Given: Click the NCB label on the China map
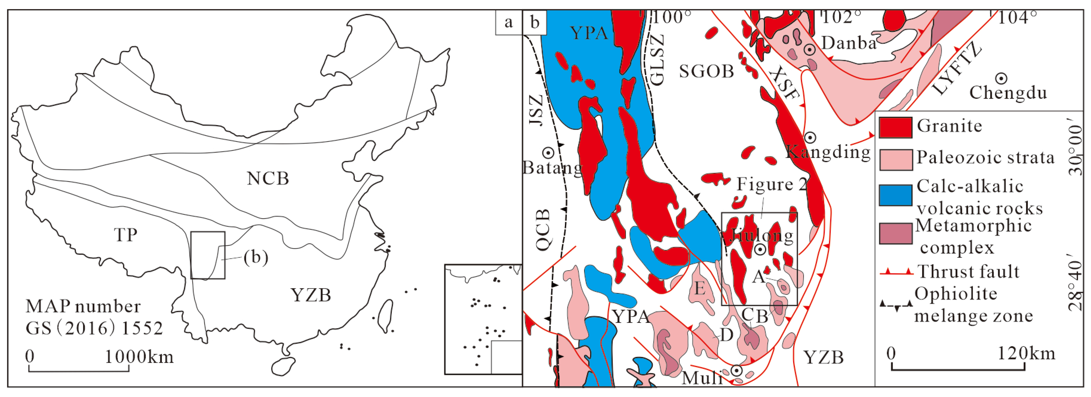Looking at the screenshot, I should tap(268, 179).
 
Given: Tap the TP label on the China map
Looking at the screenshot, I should tap(126, 234).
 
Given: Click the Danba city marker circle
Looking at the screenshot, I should tap(810, 50).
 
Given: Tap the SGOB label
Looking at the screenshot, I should tap(707, 71).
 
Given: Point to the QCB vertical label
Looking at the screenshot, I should tap(543, 230).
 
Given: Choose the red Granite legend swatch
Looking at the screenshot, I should tap(895, 127).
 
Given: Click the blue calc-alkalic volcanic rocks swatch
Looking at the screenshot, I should tap(895, 195).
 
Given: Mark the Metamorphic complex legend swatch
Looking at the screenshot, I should tap(895, 233).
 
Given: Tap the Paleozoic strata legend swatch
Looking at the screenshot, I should tap(895, 160).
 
